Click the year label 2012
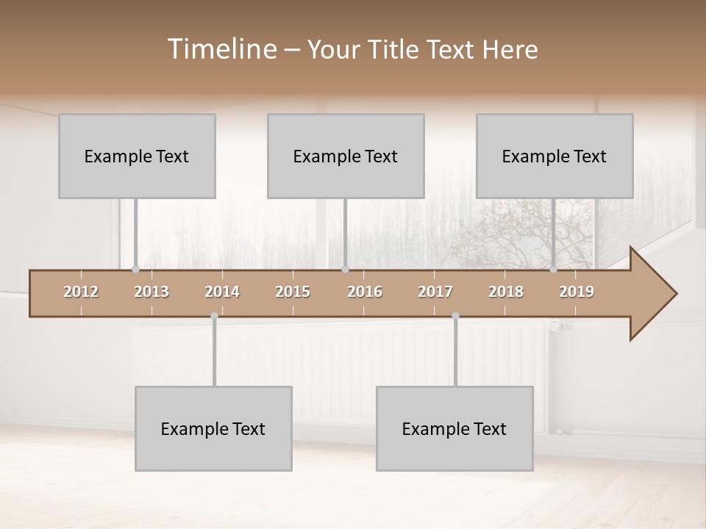(81, 292)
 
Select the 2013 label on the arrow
(151, 292)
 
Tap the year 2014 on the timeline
(222, 292)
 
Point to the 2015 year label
(293, 292)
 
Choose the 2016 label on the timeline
(365, 292)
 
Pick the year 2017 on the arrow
(435, 292)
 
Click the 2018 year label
(506, 292)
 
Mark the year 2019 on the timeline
(577, 292)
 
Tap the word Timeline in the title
(221, 49)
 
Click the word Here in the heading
(510, 49)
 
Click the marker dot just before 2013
(135, 270)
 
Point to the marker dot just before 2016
(345, 270)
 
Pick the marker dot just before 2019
(554, 270)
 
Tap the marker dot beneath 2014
(214, 316)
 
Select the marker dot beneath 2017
(455, 316)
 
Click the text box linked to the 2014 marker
(213, 428)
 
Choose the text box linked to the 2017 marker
(454, 428)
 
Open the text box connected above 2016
(346, 156)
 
